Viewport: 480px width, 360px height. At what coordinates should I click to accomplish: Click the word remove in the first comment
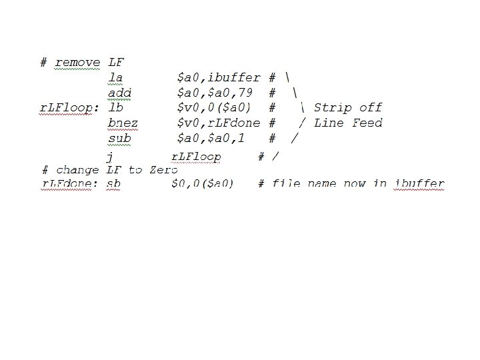click(x=77, y=63)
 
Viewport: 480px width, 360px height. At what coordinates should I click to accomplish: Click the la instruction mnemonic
click(x=115, y=78)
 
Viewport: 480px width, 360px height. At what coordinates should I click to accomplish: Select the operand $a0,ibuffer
click(x=218, y=78)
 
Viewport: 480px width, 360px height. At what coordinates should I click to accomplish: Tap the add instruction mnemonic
click(x=119, y=93)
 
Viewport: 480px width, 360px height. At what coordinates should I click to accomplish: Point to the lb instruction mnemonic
click(x=115, y=108)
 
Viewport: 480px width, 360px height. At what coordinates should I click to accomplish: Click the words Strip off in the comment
click(x=348, y=108)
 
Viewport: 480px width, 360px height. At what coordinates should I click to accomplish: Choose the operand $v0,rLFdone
click(x=218, y=123)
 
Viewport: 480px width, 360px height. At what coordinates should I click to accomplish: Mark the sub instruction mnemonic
click(x=119, y=139)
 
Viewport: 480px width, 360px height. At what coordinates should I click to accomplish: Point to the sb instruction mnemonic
click(x=113, y=183)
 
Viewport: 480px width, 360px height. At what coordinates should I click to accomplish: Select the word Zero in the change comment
click(x=164, y=170)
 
